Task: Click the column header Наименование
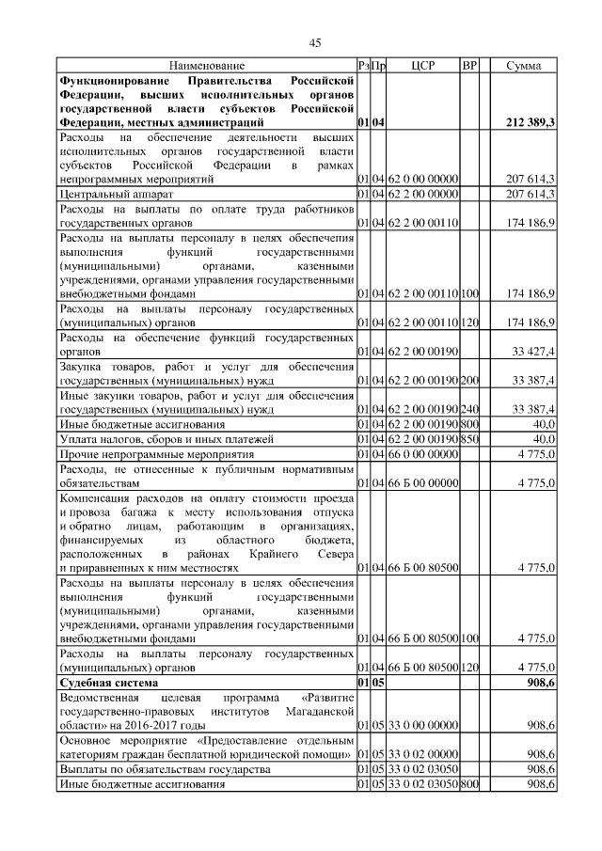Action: pos(207,66)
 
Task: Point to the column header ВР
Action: pos(470,66)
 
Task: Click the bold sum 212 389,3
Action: pos(530,123)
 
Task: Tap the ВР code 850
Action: pos(470,439)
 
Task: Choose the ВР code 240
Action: pos(470,410)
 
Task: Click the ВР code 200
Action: pos(470,380)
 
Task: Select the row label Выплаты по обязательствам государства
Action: pos(159,770)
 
